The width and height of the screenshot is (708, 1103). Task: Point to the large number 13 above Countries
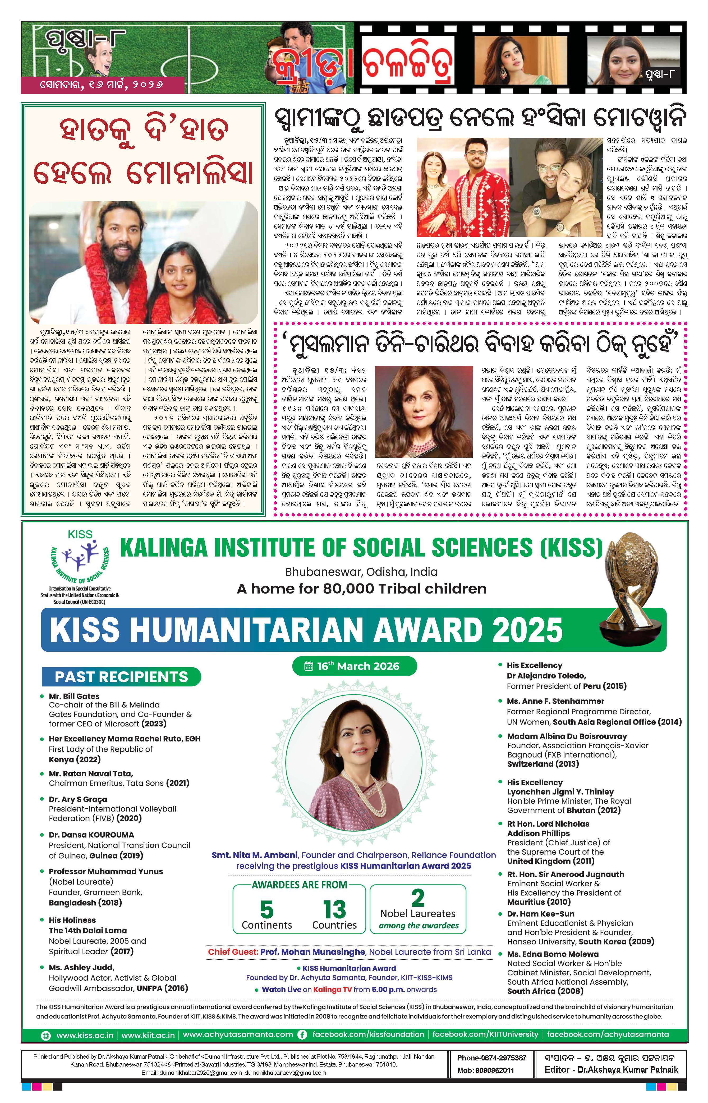click(x=334, y=909)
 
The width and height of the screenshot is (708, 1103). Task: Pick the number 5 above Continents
click(x=267, y=909)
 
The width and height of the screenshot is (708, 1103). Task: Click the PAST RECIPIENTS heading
click(x=121, y=677)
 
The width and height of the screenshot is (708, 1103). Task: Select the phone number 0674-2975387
click(x=491, y=1058)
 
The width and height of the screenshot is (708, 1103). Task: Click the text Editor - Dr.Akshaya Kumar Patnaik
click(x=611, y=1069)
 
